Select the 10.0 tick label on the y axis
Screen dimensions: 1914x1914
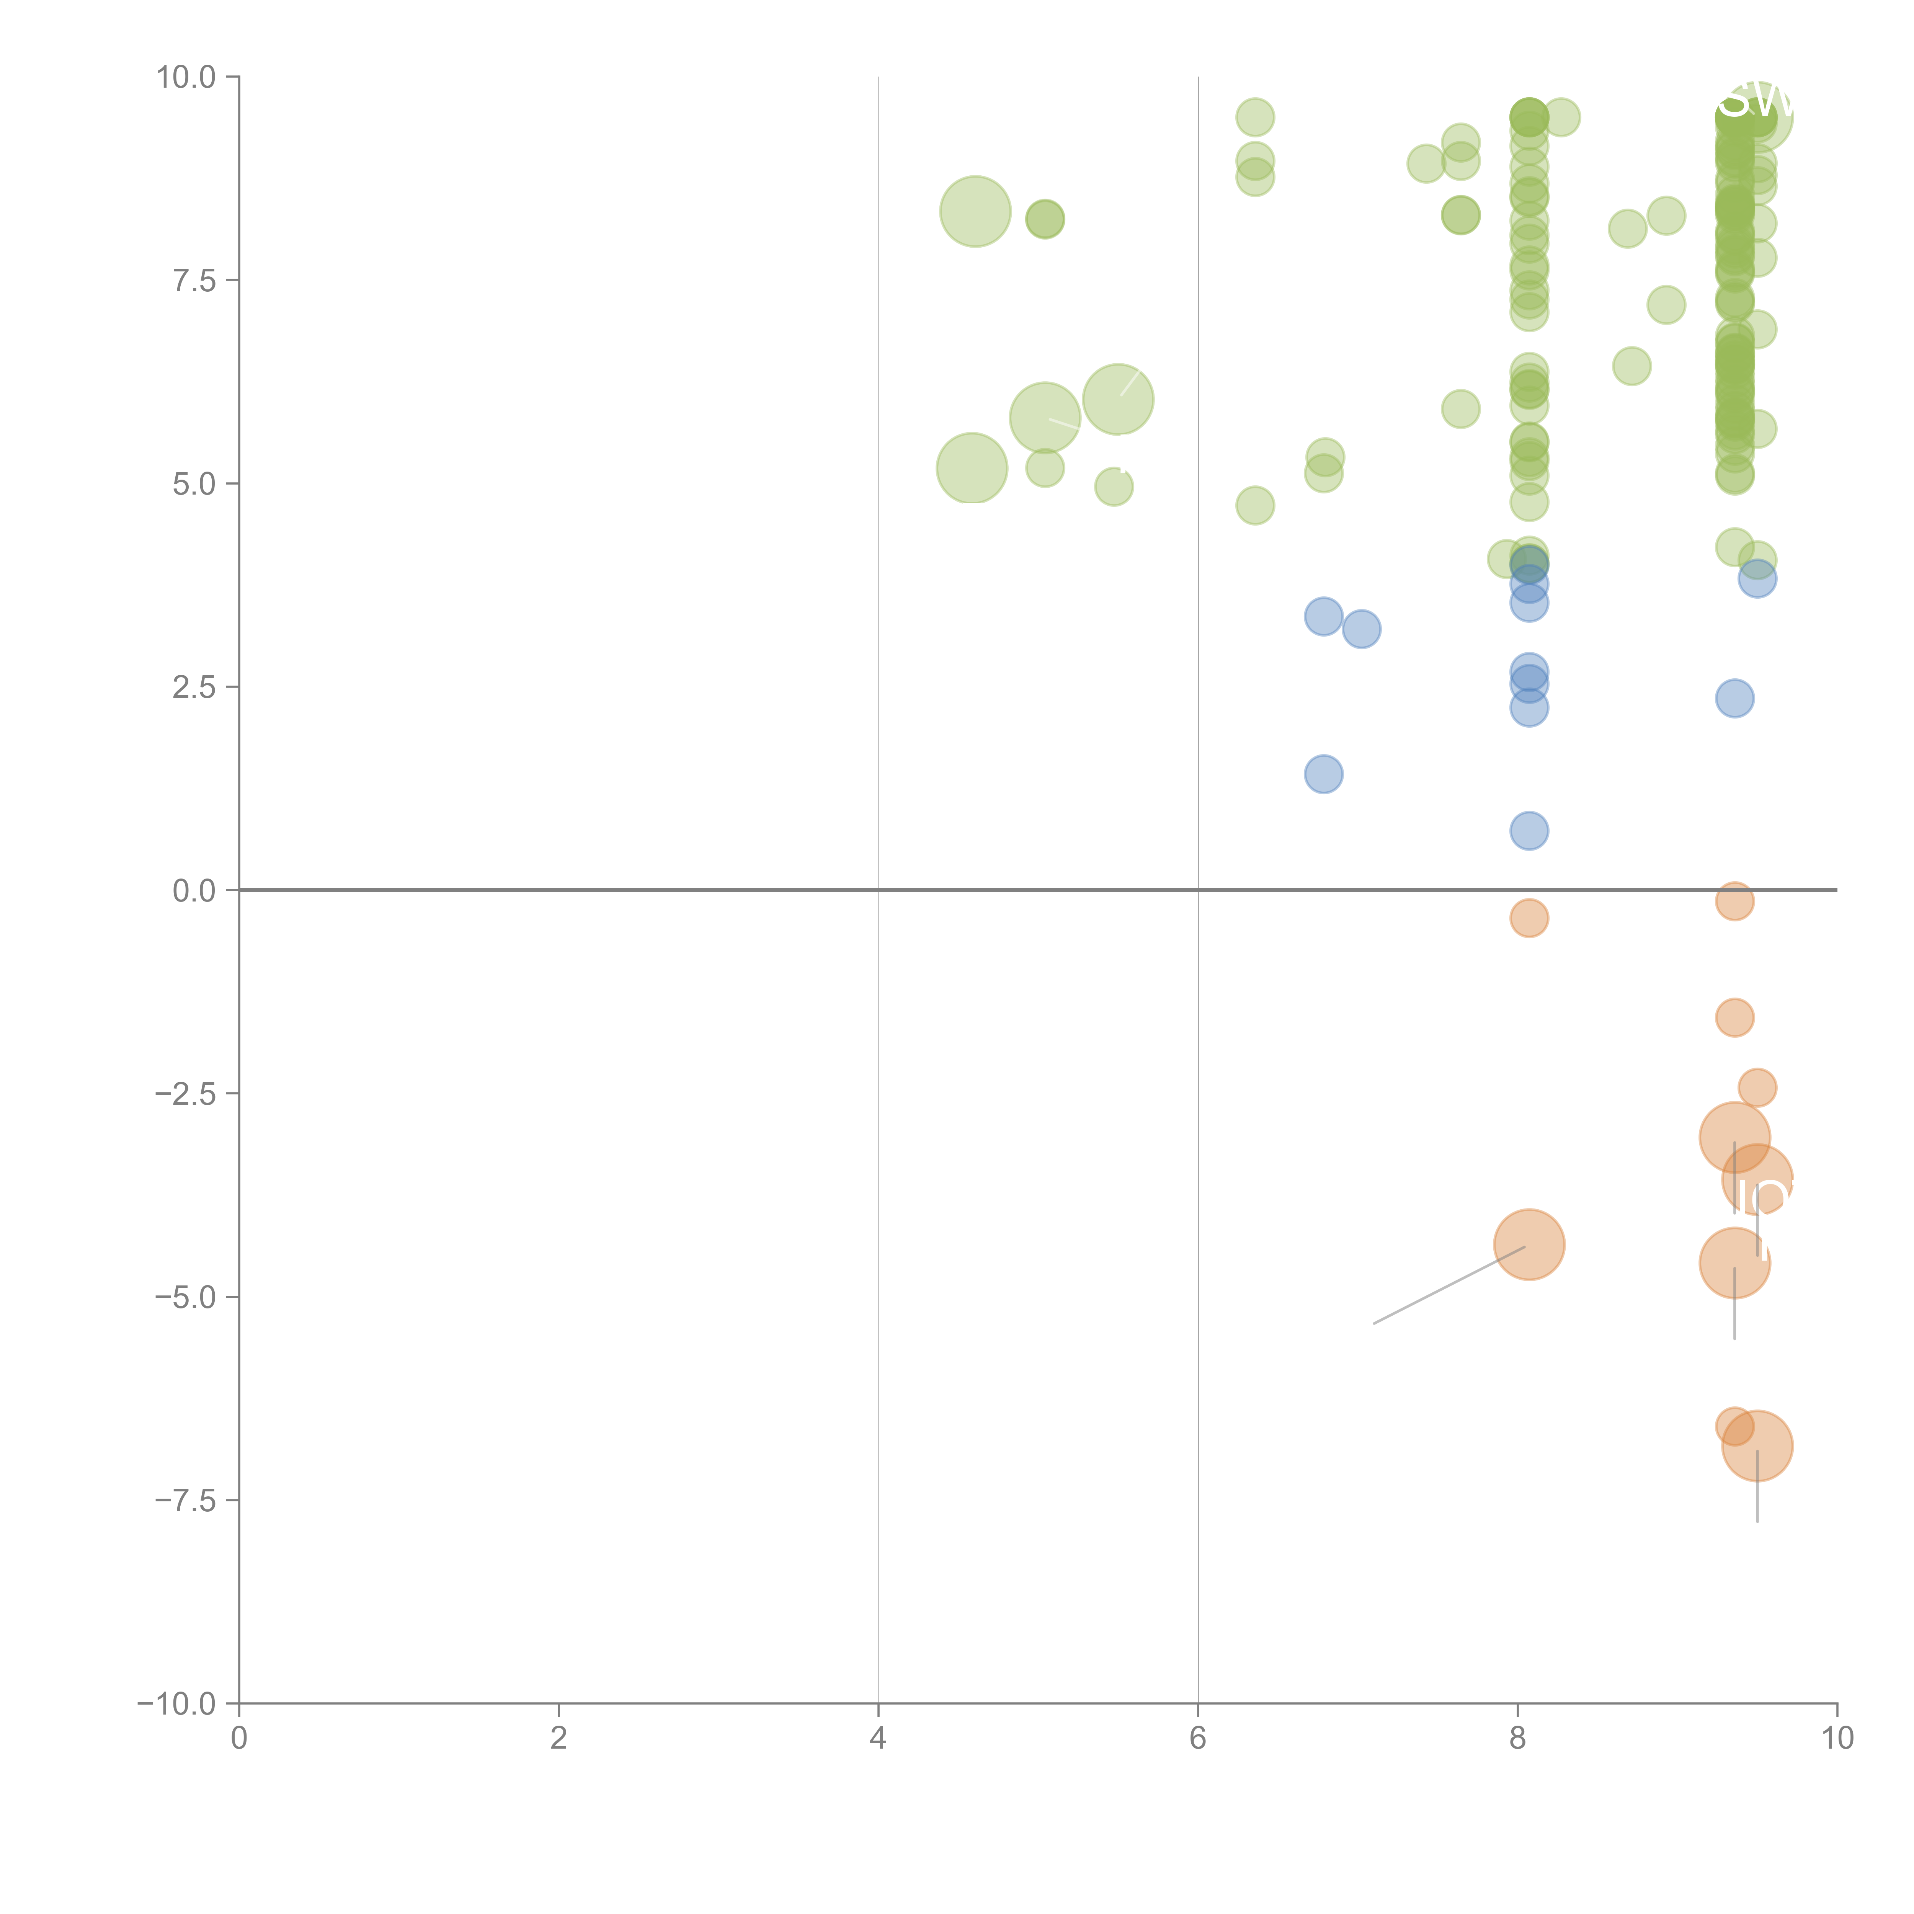pyautogui.click(x=186, y=77)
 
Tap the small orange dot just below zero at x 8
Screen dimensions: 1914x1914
pyautogui.click(x=1529, y=918)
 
